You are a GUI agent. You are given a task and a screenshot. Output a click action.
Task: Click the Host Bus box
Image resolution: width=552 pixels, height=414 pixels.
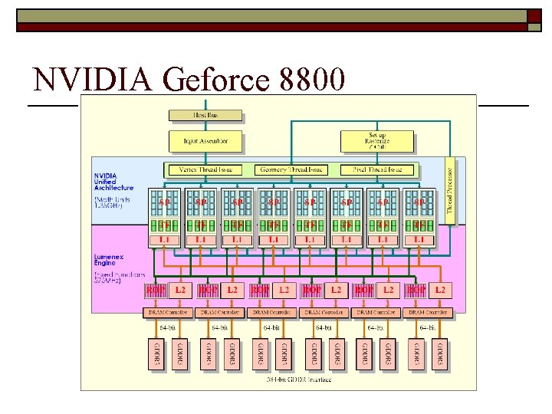tap(205, 116)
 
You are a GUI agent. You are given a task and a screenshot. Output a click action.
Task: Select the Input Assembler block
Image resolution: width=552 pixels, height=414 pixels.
tap(205, 141)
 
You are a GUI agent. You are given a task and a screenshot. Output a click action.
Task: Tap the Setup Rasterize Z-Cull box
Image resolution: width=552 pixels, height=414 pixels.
tap(377, 141)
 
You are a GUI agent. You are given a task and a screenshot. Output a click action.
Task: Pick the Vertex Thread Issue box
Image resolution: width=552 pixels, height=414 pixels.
tap(204, 169)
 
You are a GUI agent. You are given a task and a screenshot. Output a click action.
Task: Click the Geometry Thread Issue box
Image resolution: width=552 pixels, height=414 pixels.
tap(291, 169)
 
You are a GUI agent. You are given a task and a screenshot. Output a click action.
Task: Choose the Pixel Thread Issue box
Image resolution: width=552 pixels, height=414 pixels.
tap(377, 169)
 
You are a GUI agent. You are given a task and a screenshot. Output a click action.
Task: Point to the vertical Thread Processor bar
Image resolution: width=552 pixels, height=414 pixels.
tap(450, 191)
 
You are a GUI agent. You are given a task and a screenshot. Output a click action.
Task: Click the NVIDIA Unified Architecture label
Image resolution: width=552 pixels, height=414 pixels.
tap(113, 182)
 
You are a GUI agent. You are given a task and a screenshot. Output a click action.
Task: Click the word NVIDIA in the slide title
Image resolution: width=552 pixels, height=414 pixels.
tap(85, 80)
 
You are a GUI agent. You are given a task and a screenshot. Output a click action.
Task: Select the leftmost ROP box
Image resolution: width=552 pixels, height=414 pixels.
tap(156, 291)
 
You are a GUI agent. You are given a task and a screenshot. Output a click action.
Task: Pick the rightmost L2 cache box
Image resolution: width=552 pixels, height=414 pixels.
tap(440, 291)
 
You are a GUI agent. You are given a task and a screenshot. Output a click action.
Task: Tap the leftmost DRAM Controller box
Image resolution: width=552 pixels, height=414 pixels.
tap(168, 312)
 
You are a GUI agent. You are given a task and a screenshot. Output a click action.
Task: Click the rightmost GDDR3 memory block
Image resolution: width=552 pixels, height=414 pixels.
tap(440, 353)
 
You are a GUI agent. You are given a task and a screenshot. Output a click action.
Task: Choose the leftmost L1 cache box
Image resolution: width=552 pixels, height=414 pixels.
tap(164, 240)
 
